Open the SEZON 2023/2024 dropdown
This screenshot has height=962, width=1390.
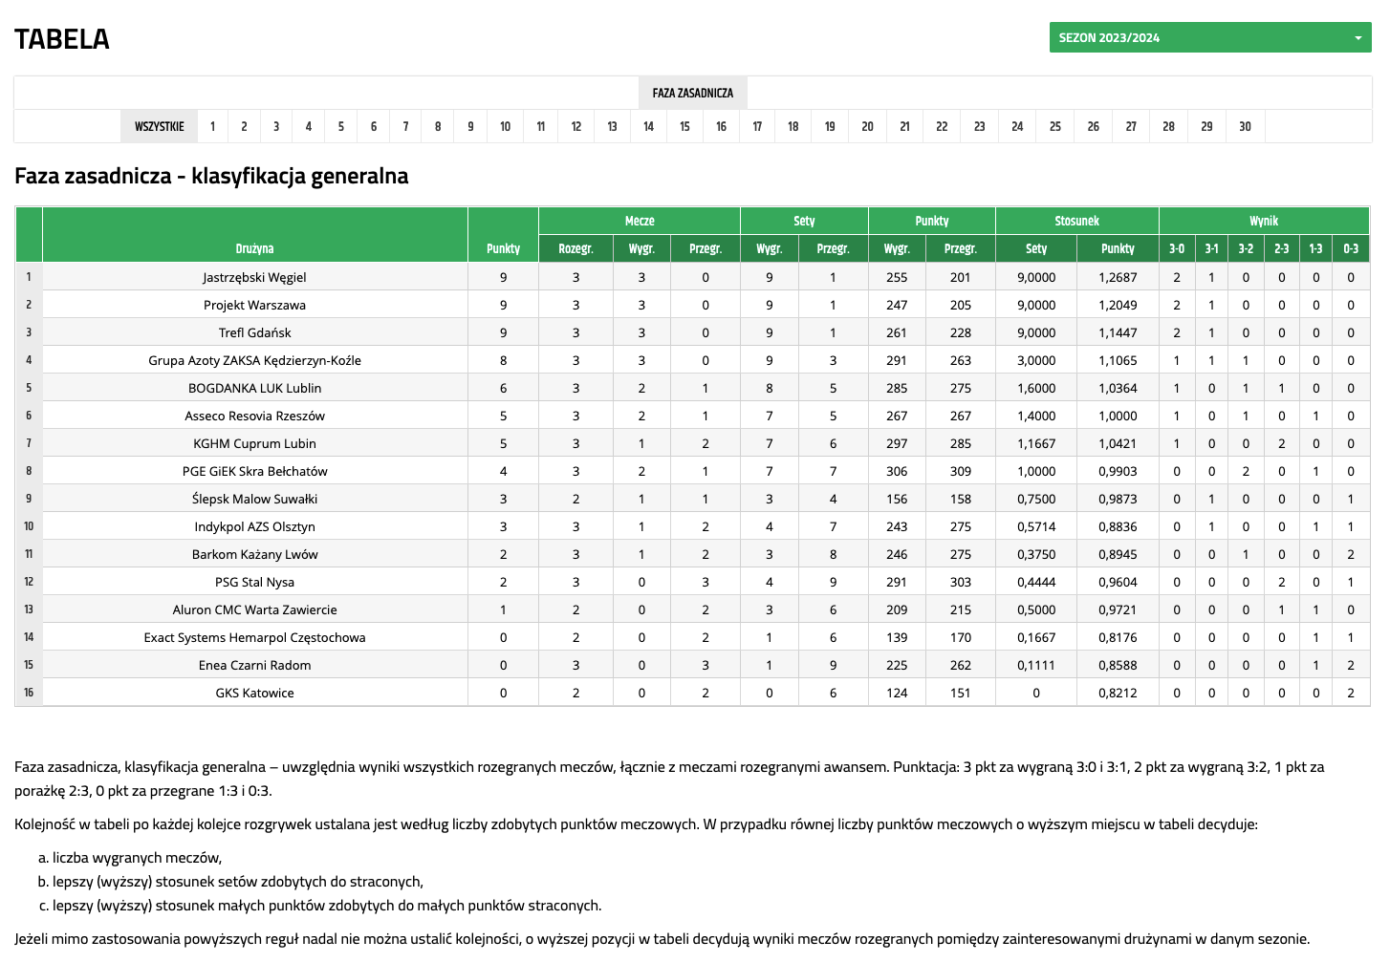pyautogui.click(x=1209, y=37)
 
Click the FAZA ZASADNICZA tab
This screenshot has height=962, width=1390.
pyautogui.click(x=692, y=93)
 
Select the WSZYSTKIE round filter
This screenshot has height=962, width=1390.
pyautogui.click(x=159, y=126)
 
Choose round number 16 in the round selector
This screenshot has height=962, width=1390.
pyautogui.click(x=721, y=126)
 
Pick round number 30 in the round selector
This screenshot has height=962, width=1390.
pyautogui.click(x=1245, y=126)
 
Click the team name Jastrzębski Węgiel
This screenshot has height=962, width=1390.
pyautogui.click(x=254, y=277)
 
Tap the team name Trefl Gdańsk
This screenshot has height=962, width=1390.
pyautogui.click(x=254, y=332)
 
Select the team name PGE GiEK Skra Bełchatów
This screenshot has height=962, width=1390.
pyautogui.click(x=254, y=471)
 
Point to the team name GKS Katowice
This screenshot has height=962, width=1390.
pyautogui.click(x=254, y=693)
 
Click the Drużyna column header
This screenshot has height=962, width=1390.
pyautogui.click(x=254, y=248)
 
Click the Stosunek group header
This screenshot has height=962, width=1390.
pyautogui.click(x=1076, y=221)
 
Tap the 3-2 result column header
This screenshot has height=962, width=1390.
pyautogui.click(x=1246, y=248)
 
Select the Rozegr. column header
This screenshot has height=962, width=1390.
pyautogui.click(x=576, y=248)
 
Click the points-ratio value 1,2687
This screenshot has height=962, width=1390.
pyautogui.click(x=1118, y=277)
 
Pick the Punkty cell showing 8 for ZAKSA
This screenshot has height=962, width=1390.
pyautogui.click(x=503, y=360)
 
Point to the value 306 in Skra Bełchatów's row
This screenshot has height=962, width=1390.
pyautogui.click(x=897, y=471)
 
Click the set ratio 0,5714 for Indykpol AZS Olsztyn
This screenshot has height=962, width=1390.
pyautogui.click(x=1036, y=526)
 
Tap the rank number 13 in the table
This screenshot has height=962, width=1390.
pyautogui.click(x=29, y=609)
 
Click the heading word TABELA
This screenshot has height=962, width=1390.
pyautogui.click(x=62, y=39)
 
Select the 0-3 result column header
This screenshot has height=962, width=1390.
pyautogui.click(x=1351, y=248)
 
